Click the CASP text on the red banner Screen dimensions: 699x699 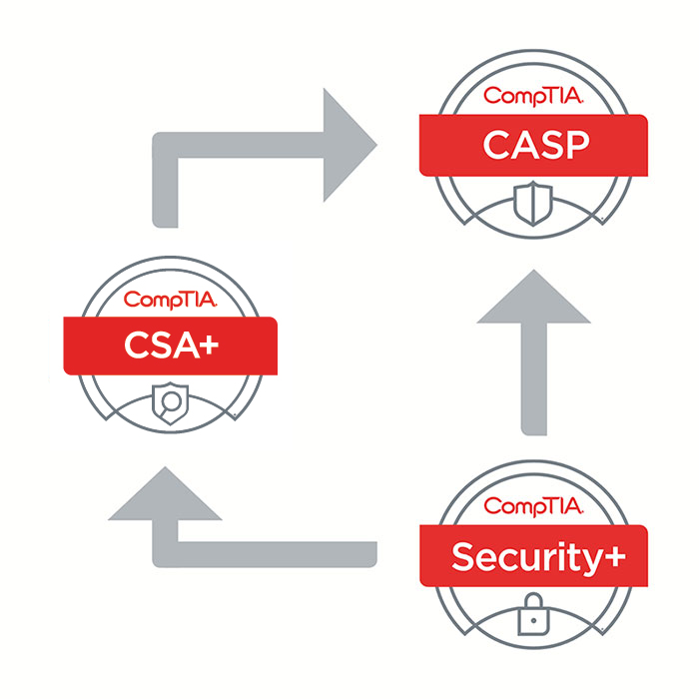pyautogui.click(x=533, y=145)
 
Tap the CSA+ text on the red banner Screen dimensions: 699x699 pyautogui.click(x=170, y=346)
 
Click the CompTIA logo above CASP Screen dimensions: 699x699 pyautogui.click(x=533, y=97)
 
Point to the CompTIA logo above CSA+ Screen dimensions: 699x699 pyautogui.click(x=170, y=298)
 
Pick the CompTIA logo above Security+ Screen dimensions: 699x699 pyautogui.click(x=534, y=508)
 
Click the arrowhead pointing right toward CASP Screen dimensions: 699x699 pyautogui.click(x=349, y=146)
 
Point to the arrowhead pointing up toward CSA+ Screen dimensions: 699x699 pyautogui.click(x=165, y=496)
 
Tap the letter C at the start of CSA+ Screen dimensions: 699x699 pyautogui.click(x=137, y=346)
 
